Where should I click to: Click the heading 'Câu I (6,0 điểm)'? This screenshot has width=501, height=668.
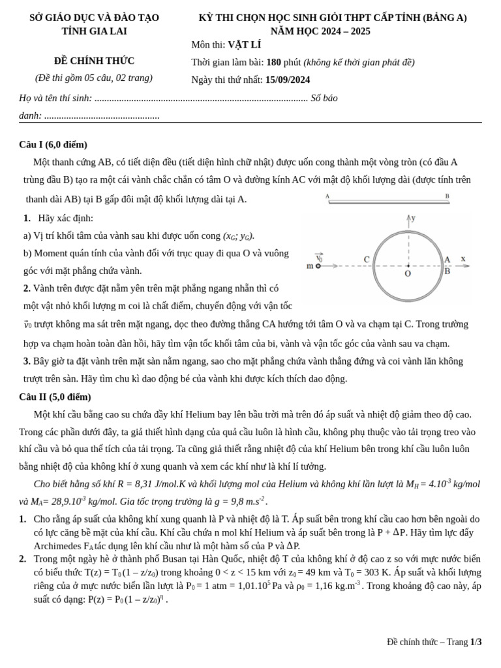pyautogui.click(x=53, y=145)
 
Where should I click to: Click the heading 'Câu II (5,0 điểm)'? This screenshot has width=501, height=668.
pyautogui.click(x=55, y=397)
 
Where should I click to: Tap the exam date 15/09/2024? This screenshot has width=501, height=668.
pyautogui.click(x=288, y=80)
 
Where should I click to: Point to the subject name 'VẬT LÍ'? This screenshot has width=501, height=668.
pyautogui.click(x=244, y=45)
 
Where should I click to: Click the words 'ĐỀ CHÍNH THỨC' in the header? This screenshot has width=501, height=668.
pyautogui.click(x=94, y=61)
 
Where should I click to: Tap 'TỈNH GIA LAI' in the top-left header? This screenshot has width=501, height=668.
pyautogui.click(x=94, y=31)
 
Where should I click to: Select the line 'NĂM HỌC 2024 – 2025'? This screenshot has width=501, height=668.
pyautogui.click(x=320, y=31)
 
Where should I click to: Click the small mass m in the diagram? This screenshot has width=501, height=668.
pyautogui.click(x=317, y=266)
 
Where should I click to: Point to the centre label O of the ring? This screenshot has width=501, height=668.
pyautogui.click(x=408, y=274)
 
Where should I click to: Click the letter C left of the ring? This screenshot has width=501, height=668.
pyautogui.click(x=367, y=260)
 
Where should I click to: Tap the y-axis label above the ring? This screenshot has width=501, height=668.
pyautogui.click(x=413, y=217)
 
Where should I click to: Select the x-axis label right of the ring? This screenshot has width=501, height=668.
pyautogui.click(x=463, y=258)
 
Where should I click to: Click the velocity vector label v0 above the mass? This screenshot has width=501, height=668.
pyautogui.click(x=319, y=257)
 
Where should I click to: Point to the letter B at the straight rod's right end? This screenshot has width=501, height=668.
pyautogui.click(x=448, y=196)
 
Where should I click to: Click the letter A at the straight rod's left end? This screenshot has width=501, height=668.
pyautogui.click(x=327, y=196)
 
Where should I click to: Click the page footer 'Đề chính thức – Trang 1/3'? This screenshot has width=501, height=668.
pyautogui.click(x=434, y=642)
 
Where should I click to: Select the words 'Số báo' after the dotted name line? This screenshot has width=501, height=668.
pyautogui.click(x=324, y=98)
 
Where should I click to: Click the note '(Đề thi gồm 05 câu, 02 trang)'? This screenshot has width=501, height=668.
pyautogui.click(x=94, y=78)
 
